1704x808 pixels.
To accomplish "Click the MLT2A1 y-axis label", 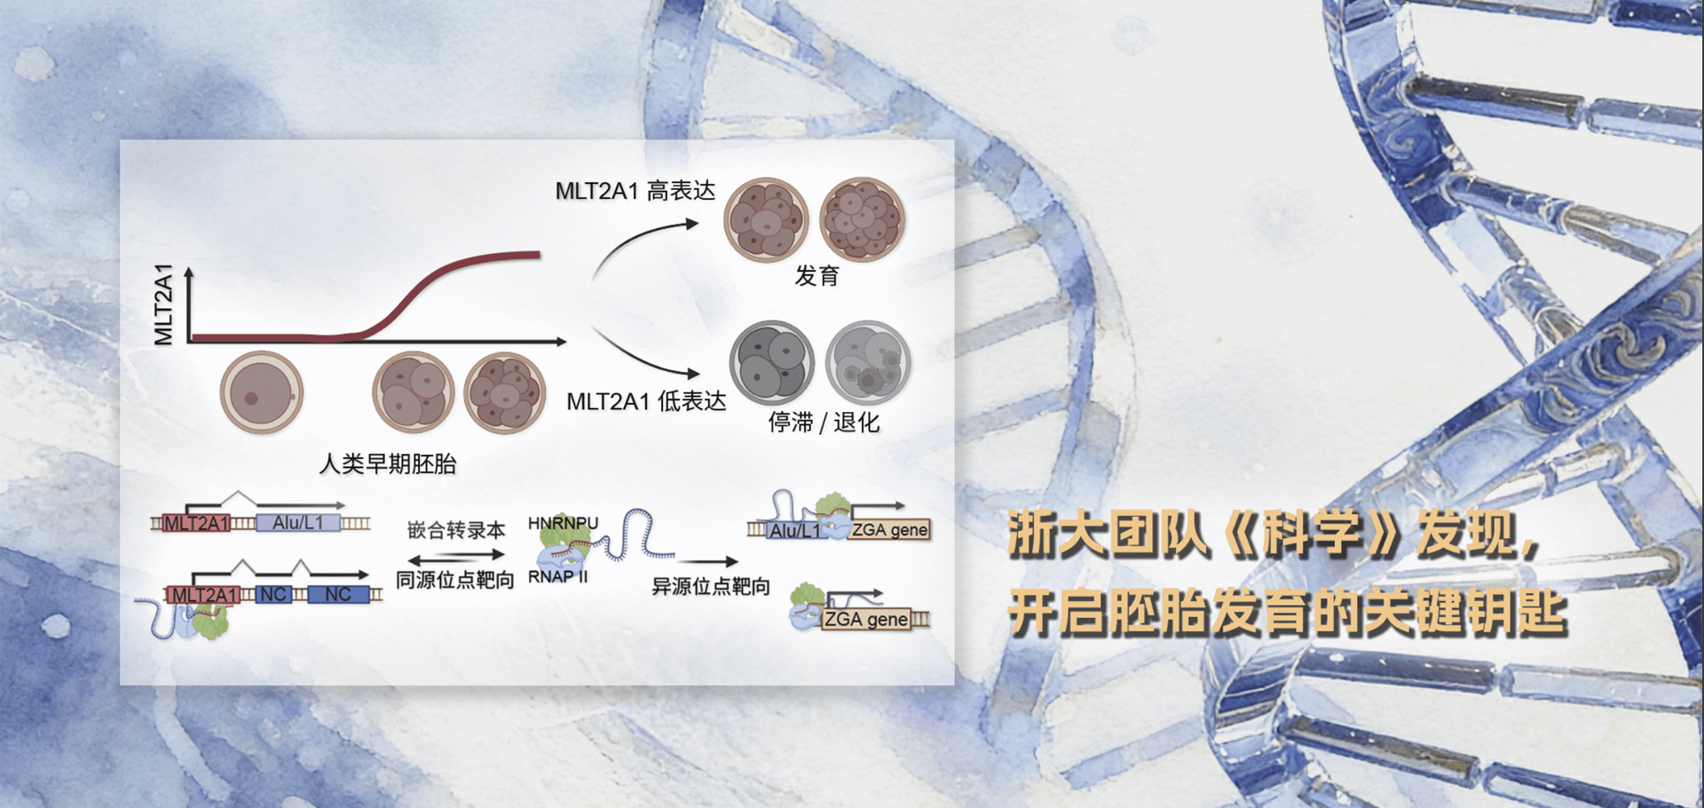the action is click(x=163, y=304).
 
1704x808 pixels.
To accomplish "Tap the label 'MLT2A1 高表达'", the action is click(x=635, y=191).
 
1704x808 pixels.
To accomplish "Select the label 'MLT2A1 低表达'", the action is click(x=646, y=401).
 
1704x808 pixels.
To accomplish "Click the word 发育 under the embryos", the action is click(x=816, y=276).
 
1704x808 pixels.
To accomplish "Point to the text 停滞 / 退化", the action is click(x=824, y=422).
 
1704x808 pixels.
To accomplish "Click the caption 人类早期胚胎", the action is click(x=388, y=463).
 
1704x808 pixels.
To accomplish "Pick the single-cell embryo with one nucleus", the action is click(x=262, y=392).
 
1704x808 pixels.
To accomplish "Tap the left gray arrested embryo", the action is click(x=772, y=363).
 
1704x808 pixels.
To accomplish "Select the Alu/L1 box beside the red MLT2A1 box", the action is click(x=298, y=523).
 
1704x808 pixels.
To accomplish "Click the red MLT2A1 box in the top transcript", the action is click(x=196, y=523).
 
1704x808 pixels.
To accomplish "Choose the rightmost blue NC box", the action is click(x=338, y=594).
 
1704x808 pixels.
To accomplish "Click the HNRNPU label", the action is click(x=564, y=523).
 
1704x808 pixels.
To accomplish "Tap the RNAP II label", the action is click(x=558, y=576).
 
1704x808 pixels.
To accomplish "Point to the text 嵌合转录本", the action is click(x=456, y=530).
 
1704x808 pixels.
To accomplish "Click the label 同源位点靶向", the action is click(x=455, y=580).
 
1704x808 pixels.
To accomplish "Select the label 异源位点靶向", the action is click(x=711, y=586).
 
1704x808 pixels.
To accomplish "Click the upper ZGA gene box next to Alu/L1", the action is click(x=889, y=530).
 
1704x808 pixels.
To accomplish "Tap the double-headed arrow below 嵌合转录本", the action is click(x=456, y=558).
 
